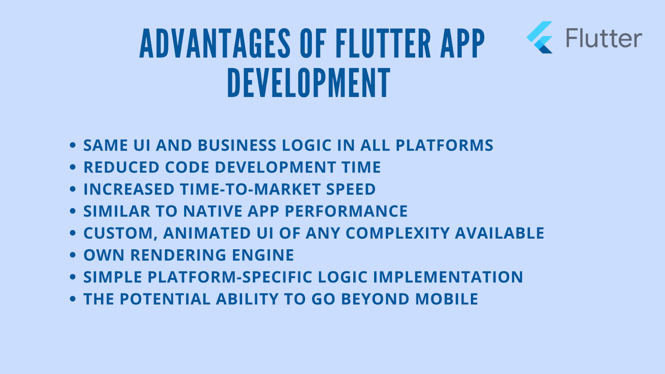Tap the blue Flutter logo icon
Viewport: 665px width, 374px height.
540,37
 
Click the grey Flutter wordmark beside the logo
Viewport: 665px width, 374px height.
604,38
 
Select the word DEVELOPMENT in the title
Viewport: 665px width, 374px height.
309,83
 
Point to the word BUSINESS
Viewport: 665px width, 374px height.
237,145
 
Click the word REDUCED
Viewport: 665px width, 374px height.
121,167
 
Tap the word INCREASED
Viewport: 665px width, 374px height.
129,189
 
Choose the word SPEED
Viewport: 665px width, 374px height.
351,189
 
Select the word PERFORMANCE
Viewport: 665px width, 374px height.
346,211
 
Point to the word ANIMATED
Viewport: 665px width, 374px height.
207,233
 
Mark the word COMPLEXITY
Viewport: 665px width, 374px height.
397,233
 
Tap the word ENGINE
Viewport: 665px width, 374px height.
263,255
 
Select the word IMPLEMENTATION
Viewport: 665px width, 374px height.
448,277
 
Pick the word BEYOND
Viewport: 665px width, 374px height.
375,299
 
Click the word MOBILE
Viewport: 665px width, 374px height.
446,299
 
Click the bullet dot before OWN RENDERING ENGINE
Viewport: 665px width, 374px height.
73,255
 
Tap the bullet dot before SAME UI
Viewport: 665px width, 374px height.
73,145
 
